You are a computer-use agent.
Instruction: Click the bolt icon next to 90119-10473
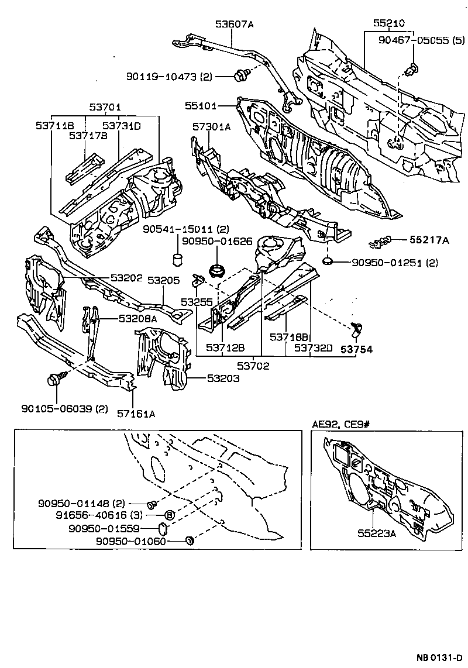(240, 76)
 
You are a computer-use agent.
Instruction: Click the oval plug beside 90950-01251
(328, 260)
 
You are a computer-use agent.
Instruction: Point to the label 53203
(223, 378)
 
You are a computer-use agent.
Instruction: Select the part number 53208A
(138, 319)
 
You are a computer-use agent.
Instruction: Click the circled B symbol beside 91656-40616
(168, 515)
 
